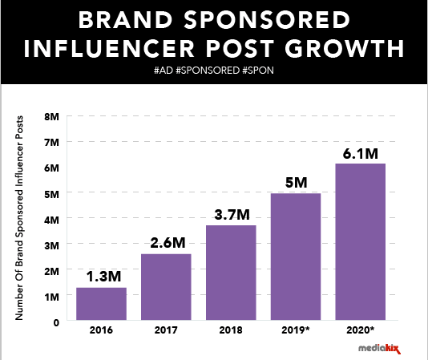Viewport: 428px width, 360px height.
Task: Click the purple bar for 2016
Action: point(101,304)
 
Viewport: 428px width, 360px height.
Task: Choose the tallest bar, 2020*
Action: point(361,242)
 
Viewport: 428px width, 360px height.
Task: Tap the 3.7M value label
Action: point(232,214)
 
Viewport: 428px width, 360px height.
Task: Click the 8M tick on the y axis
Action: point(52,117)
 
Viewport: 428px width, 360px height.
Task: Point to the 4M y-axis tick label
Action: point(52,219)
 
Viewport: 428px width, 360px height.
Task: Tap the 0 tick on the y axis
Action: point(55,322)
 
